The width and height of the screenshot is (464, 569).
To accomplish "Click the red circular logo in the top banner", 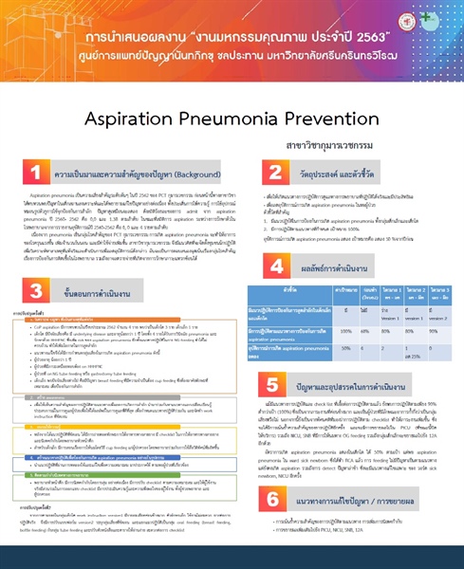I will click(x=42, y=45).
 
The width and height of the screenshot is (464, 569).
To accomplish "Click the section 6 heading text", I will click(x=342, y=501).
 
